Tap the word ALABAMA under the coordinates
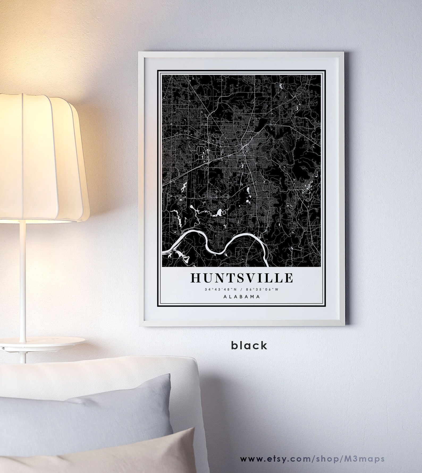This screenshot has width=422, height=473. [242, 297]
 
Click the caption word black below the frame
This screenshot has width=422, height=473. [249, 345]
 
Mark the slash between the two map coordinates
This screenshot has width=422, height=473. [242, 289]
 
